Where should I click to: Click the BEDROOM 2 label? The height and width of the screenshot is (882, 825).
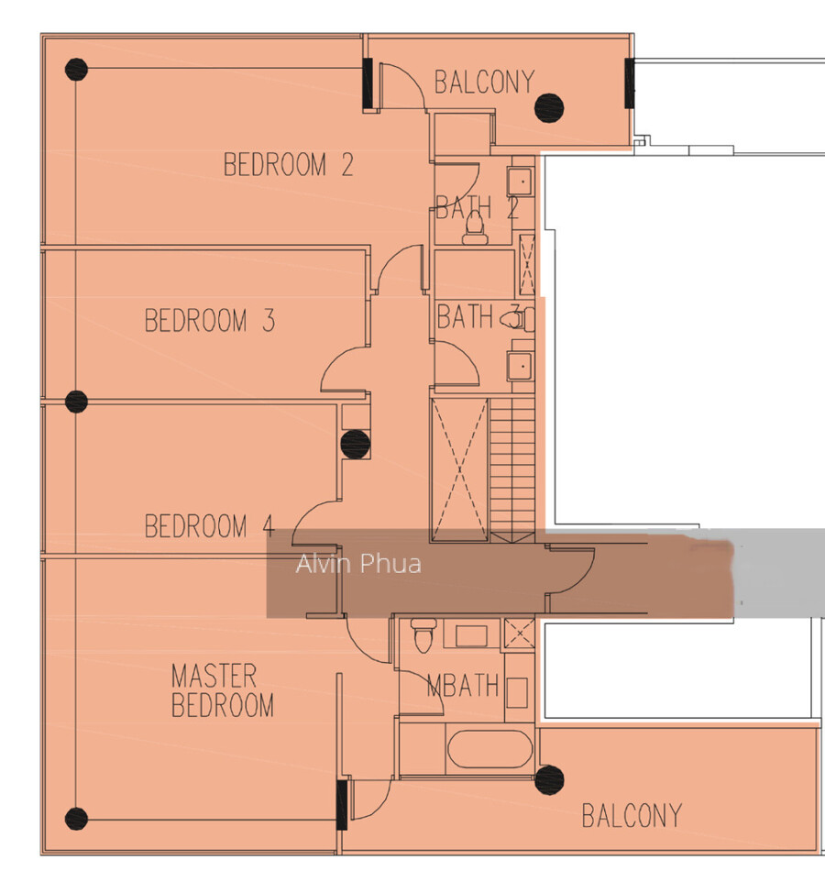click(289, 165)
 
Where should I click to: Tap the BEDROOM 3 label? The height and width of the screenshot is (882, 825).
click(210, 320)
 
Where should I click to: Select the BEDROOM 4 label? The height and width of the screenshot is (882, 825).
click(210, 526)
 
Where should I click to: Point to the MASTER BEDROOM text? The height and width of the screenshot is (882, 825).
click(223, 690)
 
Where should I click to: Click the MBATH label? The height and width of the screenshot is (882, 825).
click(463, 685)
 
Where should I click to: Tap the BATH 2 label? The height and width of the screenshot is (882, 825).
click(478, 207)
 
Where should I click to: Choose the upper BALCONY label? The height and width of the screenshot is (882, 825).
click(484, 83)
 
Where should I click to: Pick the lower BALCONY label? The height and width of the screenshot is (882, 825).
click(632, 816)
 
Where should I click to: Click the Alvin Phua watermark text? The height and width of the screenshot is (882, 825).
click(358, 564)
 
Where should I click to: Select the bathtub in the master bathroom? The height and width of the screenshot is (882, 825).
click(489, 749)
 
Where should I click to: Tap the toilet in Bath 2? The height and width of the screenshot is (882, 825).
click(475, 228)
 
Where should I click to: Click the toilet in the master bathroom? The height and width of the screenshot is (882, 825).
click(423, 634)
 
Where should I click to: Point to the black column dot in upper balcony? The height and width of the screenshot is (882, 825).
click(549, 107)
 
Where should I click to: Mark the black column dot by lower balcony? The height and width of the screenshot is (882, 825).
click(549, 779)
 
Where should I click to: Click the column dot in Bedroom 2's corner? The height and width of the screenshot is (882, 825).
click(76, 70)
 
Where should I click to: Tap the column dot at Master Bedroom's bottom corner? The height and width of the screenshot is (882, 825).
click(76, 819)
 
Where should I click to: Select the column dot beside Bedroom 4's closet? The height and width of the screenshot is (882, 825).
click(356, 445)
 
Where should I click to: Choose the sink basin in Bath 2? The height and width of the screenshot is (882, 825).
click(522, 181)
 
